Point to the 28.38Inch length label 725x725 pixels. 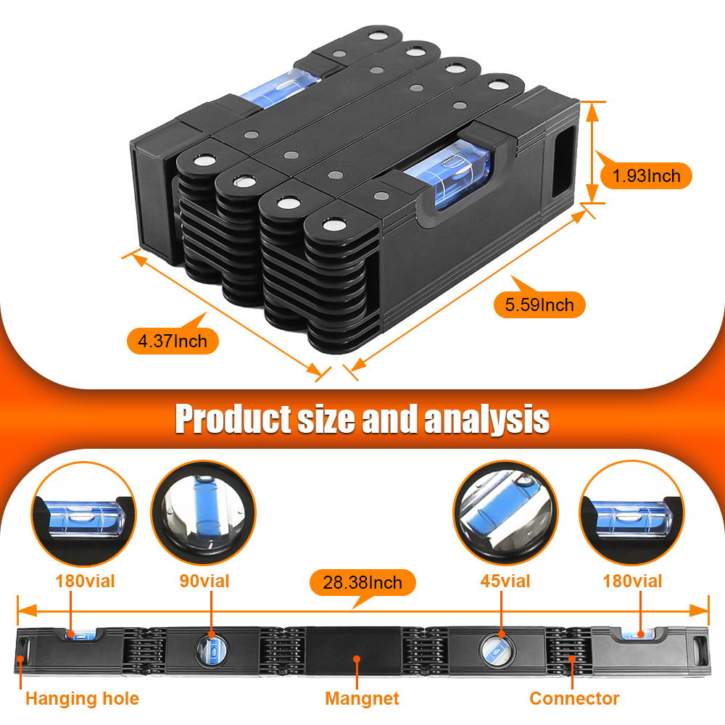(x=362, y=582)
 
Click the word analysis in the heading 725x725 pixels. (x=486, y=419)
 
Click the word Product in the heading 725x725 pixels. (x=231, y=419)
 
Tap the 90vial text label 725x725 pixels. (x=204, y=581)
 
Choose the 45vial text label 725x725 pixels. (x=505, y=581)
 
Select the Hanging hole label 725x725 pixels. (x=82, y=699)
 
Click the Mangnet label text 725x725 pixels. (x=362, y=699)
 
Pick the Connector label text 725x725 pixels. (x=574, y=699)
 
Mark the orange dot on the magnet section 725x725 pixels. (x=356, y=659)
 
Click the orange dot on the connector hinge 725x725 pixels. (x=572, y=659)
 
